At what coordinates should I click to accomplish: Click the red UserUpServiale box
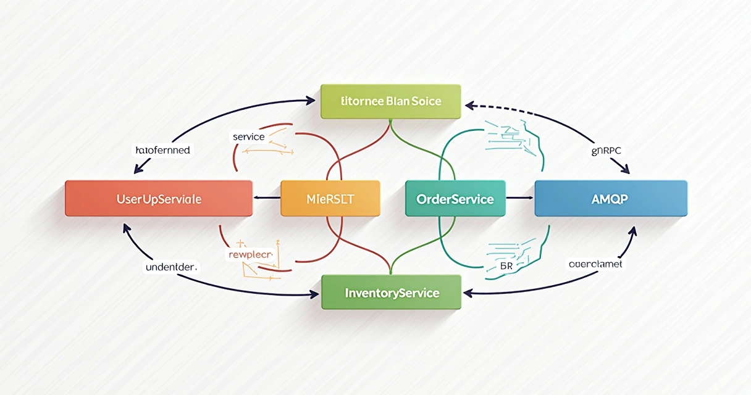click(159, 199)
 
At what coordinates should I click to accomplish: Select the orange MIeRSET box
click(330, 199)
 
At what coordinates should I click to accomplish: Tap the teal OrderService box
click(455, 199)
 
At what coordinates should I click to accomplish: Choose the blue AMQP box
click(610, 199)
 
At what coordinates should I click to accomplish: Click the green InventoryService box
click(392, 293)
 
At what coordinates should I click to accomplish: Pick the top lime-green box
click(391, 101)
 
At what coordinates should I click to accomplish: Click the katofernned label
click(162, 150)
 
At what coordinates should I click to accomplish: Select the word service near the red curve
click(248, 136)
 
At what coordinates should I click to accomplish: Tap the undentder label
click(171, 267)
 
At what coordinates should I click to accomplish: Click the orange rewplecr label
click(251, 254)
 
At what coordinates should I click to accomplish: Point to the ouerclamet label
click(595, 264)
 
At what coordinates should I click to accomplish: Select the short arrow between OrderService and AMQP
click(519, 198)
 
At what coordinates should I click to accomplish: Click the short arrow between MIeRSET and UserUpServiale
click(267, 198)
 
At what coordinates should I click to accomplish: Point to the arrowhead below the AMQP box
click(632, 230)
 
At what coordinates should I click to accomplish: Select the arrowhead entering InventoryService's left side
click(315, 294)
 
